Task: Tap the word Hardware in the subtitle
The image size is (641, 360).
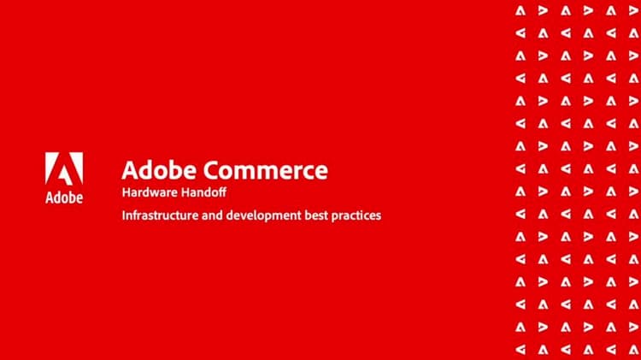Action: coord(146,192)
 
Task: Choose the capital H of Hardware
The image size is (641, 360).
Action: coord(126,192)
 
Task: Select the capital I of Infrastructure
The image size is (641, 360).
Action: coord(124,215)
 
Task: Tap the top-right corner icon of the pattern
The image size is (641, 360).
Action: coord(633,10)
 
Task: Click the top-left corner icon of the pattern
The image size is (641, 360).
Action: coord(520,10)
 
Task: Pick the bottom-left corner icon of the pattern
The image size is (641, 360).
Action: coord(520,349)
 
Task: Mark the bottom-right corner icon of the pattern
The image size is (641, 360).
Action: coord(633,349)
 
